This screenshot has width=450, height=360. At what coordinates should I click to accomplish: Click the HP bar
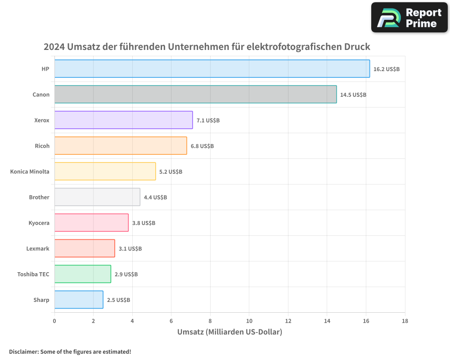pyautogui.click(x=212, y=69)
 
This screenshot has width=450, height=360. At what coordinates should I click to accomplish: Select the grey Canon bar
pyautogui.click(x=195, y=94)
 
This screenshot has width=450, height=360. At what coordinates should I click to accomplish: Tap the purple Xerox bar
pyautogui.click(x=123, y=120)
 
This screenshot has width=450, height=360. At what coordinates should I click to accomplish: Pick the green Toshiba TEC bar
pyautogui.click(x=82, y=274)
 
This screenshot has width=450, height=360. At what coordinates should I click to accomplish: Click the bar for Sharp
pyautogui.click(x=79, y=300)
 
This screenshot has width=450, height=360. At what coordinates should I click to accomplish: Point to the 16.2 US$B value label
pyautogui.click(x=387, y=69)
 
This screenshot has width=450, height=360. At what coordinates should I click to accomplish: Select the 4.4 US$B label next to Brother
pyautogui.click(x=155, y=198)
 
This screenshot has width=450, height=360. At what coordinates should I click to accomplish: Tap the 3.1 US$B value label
pyautogui.click(x=130, y=249)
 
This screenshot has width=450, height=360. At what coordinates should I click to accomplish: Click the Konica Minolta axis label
pyautogui.click(x=30, y=171)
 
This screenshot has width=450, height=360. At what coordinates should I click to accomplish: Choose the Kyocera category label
pyautogui.click(x=39, y=223)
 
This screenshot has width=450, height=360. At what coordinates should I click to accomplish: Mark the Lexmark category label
pyautogui.click(x=38, y=248)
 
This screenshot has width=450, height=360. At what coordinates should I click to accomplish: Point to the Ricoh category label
pyautogui.click(x=42, y=146)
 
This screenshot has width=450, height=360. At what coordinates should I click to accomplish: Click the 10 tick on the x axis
pyautogui.click(x=249, y=321)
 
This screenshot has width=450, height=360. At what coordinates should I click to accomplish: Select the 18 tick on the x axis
pyautogui.click(x=405, y=321)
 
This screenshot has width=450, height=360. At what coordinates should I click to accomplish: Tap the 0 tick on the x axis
pyautogui.click(x=54, y=321)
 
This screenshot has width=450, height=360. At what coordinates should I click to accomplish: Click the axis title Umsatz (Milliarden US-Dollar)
pyautogui.click(x=229, y=332)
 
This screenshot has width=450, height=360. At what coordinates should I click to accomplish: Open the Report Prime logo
pyautogui.click(x=409, y=18)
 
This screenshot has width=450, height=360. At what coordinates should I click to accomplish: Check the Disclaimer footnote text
pyautogui.click(x=70, y=351)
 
